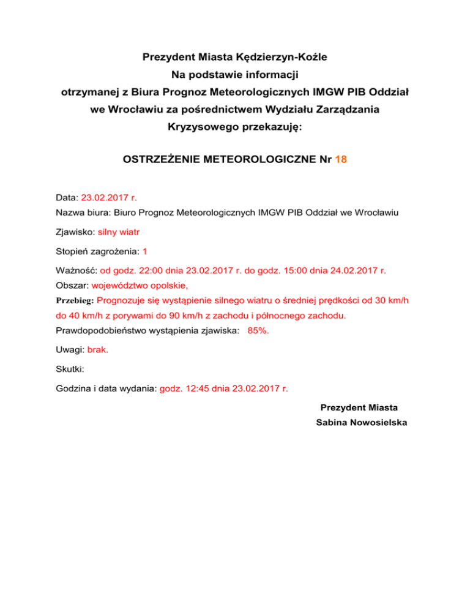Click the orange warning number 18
tap(341, 159)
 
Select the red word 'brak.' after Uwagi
tap(99, 350)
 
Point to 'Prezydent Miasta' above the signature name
tap(359, 407)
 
